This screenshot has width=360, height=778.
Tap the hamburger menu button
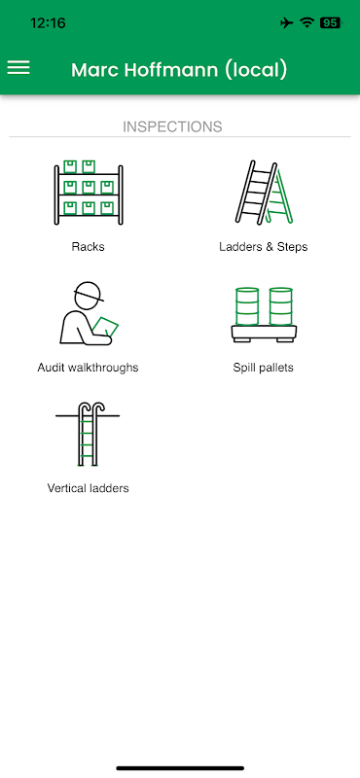pyautogui.click(x=18, y=68)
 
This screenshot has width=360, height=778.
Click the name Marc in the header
pyautogui.click(x=94, y=70)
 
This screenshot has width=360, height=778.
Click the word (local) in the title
pyautogui.click(x=256, y=70)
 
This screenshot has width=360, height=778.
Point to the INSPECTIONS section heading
pyautogui.click(x=172, y=127)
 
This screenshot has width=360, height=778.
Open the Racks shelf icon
pyautogui.click(x=89, y=193)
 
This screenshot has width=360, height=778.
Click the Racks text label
pyautogui.click(x=88, y=247)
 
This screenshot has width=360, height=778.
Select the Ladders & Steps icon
pyautogui.click(x=264, y=193)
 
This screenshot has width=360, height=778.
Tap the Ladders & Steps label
pyautogui.click(x=263, y=247)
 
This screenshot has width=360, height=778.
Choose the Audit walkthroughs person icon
pyautogui.click(x=90, y=313)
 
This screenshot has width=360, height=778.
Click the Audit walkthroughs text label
pyautogui.click(x=88, y=368)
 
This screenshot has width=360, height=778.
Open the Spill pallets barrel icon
pyautogui.click(x=264, y=314)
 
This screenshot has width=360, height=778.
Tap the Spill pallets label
pyautogui.click(x=263, y=368)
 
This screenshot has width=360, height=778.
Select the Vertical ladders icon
pyautogui.click(x=88, y=434)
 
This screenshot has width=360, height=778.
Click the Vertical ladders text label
pyautogui.click(x=88, y=488)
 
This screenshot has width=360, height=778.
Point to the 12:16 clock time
pyautogui.click(x=48, y=22)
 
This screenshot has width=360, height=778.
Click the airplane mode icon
pyautogui.click(x=286, y=22)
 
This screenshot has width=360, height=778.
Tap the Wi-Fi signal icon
pyautogui.click(x=306, y=22)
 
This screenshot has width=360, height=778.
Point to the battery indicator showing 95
pyautogui.click(x=331, y=22)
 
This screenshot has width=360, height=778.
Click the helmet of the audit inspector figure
pyautogui.click(x=89, y=293)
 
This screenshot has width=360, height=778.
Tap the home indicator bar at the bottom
pyautogui.click(x=180, y=768)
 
